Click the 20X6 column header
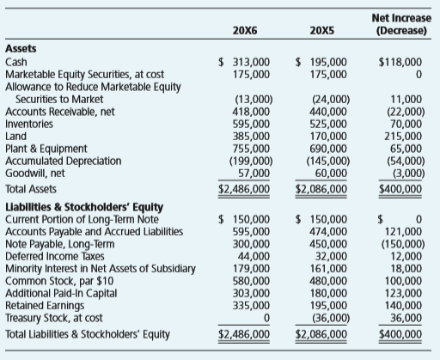(x=245, y=30)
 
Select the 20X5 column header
(x=322, y=30)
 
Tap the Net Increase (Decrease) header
(x=401, y=24)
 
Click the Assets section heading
(x=21, y=49)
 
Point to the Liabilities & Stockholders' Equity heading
(x=84, y=207)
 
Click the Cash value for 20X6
(x=244, y=62)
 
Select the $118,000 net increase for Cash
(x=400, y=62)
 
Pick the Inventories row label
(x=29, y=124)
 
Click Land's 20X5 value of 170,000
(x=328, y=137)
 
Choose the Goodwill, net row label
(x=35, y=174)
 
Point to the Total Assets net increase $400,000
(x=400, y=189)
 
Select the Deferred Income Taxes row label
(x=55, y=256)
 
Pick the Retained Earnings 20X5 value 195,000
(x=328, y=306)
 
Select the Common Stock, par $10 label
(x=59, y=281)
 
